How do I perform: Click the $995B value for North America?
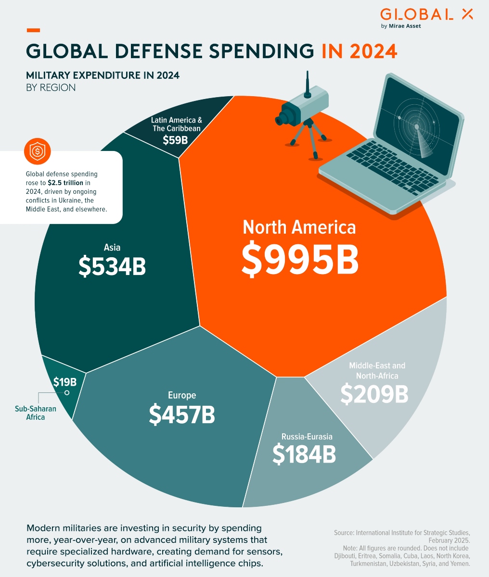click(x=300, y=260)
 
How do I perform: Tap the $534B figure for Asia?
click(x=112, y=267)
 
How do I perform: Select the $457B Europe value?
click(x=182, y=414)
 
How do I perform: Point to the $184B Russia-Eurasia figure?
click(x=304, y=454)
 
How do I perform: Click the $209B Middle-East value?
click(x=374, y=394)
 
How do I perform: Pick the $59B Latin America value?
click(x=175, y=140)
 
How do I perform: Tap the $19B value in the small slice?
click(x=64, y=382)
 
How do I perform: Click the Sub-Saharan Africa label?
click(x=36, y=413)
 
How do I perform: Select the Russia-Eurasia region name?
click(x=307, y=437)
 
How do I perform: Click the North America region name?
click(x=299, y=227)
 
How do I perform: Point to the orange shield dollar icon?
click(x=37, y=151)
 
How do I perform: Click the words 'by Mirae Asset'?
click(x=401, y=26)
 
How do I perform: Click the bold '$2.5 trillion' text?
click(x=65, y=183)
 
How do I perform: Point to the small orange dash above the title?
click(x=33, y=30)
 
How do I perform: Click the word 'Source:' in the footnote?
click(x=344, y=533)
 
